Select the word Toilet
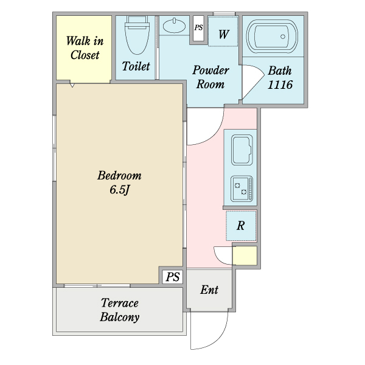(x=136, y=66)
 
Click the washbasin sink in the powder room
(x=175, y=26)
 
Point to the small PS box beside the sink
(x=198, y=28)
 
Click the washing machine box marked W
(x=223, y=33)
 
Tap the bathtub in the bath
(x=273, y=36)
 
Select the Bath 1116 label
(x=280, y=78)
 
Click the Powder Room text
(x=210, y=77)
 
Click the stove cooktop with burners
(x=242, y=189)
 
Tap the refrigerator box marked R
(x=241, y=226)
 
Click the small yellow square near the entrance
(x=245, y=255)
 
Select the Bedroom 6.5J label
(x=119, y=182)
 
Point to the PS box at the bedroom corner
(x=173, y=277)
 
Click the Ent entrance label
(x=209, y=290)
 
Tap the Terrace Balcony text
(x=120, y=310)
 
